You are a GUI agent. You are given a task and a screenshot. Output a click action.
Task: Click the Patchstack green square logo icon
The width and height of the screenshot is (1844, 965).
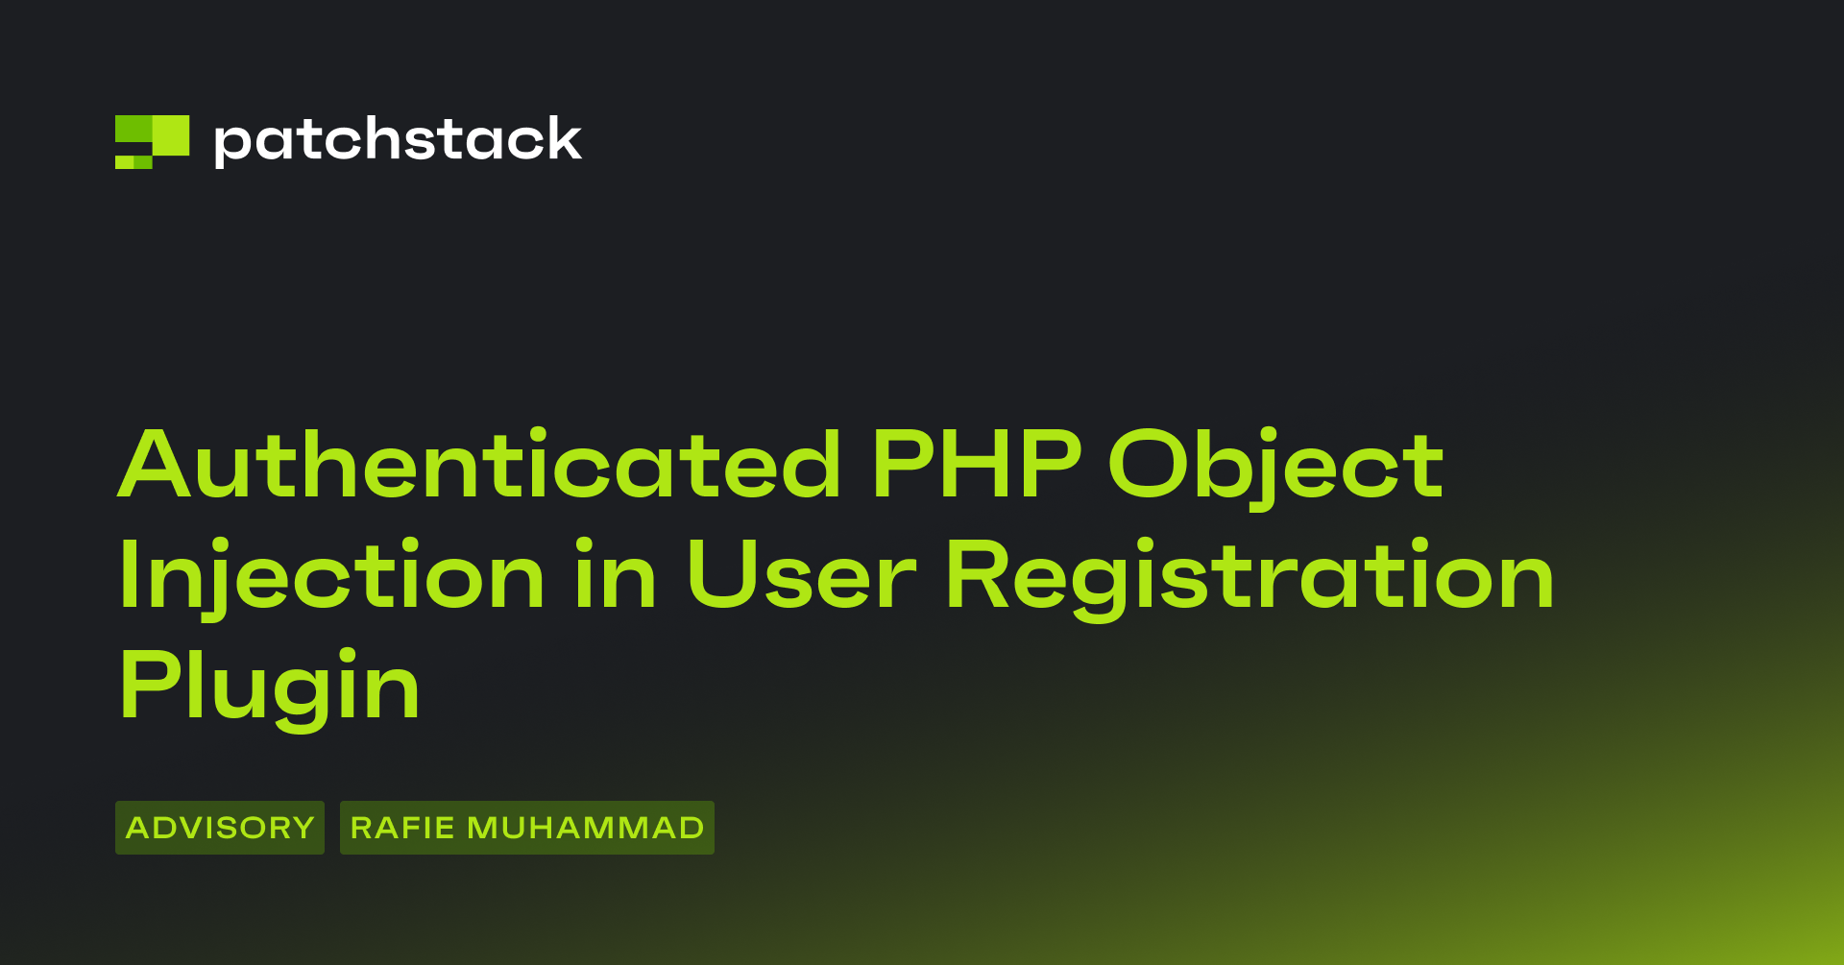(152, 142)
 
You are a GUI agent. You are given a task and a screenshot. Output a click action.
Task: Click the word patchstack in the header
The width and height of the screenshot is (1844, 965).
(398, 141)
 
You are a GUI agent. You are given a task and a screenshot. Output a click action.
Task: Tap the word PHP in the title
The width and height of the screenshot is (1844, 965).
(977, 465)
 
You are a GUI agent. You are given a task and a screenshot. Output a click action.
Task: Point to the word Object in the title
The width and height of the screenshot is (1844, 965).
(1276, 469)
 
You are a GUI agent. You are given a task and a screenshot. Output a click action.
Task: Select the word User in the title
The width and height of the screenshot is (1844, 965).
(802, 575)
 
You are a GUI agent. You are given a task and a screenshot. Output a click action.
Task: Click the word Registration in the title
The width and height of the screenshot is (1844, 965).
(1250, 579)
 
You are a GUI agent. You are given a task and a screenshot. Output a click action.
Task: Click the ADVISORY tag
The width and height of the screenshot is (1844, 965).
(220, 828)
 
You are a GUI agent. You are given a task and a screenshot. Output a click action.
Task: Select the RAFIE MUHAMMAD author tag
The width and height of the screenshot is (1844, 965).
(527, 828)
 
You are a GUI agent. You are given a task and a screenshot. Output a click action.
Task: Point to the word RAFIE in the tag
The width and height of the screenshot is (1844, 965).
(402, 828)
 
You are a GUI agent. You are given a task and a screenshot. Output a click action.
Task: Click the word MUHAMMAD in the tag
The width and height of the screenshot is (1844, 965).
(586, 828)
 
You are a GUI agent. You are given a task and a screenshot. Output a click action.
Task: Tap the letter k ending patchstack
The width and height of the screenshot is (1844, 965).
(561, 138)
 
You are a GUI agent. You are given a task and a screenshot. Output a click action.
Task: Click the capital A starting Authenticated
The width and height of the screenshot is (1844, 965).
(157, 465)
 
